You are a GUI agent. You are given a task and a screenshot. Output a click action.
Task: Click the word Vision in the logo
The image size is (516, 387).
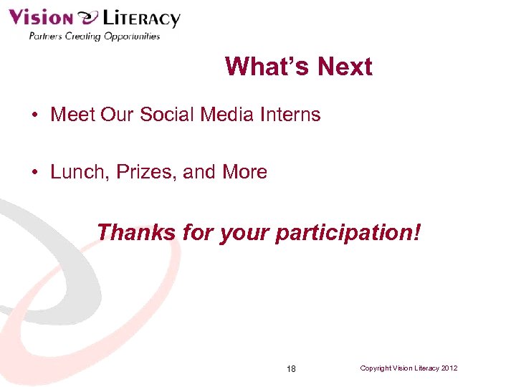point(40,17)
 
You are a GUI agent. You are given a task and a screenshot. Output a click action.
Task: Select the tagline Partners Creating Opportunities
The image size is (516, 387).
point(94,36)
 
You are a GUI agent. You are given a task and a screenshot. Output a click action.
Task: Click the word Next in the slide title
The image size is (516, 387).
point(345,67)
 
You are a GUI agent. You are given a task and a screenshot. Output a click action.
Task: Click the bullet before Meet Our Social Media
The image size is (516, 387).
point(34,115)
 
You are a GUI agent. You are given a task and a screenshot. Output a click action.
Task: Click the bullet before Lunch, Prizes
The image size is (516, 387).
point(34,173)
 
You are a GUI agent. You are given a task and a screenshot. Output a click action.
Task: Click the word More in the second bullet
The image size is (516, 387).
point(244,172)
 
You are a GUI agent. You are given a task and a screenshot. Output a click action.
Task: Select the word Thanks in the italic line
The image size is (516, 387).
point(136,232)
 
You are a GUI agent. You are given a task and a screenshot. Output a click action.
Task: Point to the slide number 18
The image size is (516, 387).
point(291,369)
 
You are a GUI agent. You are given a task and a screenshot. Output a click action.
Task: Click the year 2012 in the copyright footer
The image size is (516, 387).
point(450,368)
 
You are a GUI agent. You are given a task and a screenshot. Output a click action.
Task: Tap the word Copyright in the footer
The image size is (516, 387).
point(377,368)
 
